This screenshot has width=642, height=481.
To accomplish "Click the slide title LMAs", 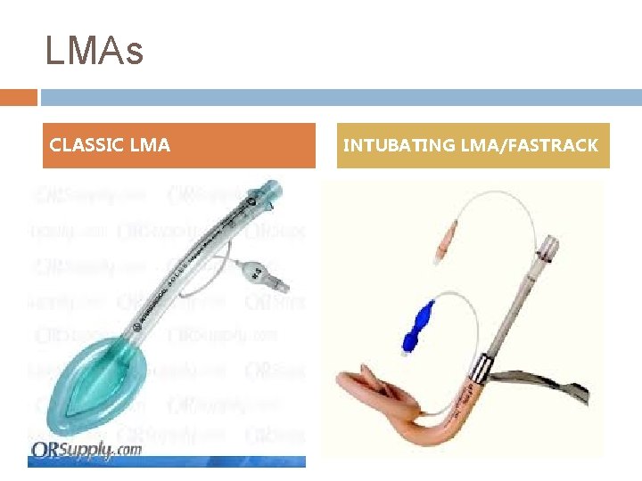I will point(94,52).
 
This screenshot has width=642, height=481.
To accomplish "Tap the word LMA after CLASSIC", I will point(149,145).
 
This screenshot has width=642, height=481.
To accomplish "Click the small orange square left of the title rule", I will point(18,97).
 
